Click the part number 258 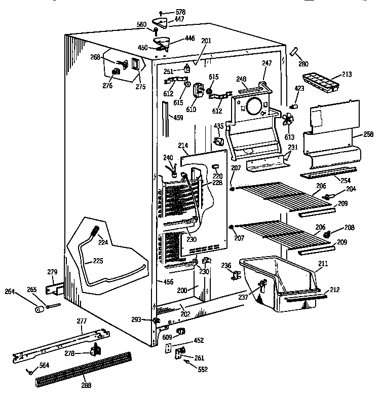point(368,134)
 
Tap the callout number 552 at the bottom point(203,370)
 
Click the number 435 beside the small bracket point(218,126)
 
